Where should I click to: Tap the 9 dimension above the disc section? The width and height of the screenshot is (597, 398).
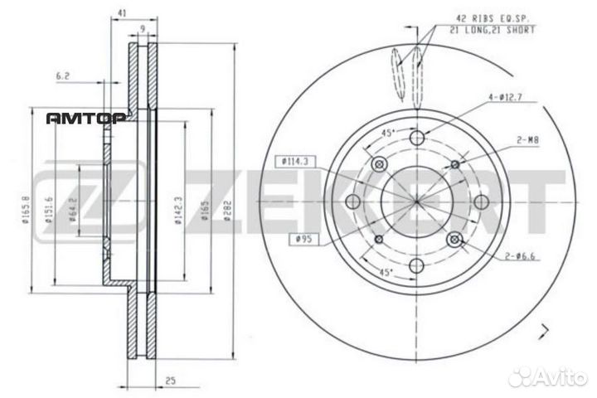pos(143,30)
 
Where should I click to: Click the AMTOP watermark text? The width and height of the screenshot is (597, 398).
pos(84,118)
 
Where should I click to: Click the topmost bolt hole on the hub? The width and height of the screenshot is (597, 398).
pos(417,138)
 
